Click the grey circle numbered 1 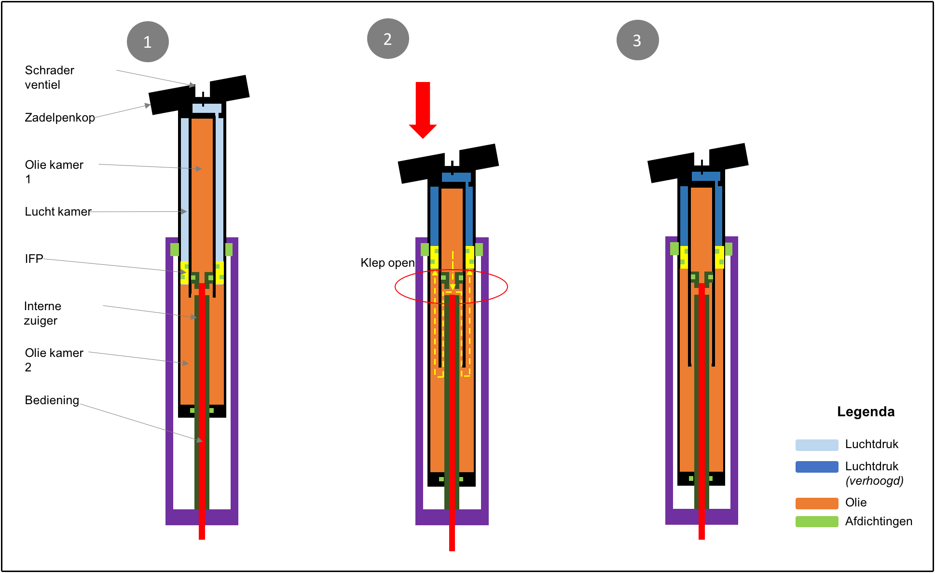point(148,42)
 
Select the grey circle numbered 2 point(388,39)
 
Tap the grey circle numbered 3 point(637,41)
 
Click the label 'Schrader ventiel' point(49,77)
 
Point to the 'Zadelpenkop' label point(59,118)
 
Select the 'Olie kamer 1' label point(54,172)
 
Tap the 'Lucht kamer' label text point(58,212)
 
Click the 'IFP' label point(34,259)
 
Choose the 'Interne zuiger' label point(42,314)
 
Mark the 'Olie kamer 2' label point(54,360)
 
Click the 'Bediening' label point(52,400)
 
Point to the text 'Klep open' point(387,263)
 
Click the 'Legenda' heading point(866,411)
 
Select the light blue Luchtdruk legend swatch point(816,445)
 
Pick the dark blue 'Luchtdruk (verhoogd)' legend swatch point(816,467)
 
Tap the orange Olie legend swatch point(816,503)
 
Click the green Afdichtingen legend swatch point(816,521)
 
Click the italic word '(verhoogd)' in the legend point(874,481)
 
